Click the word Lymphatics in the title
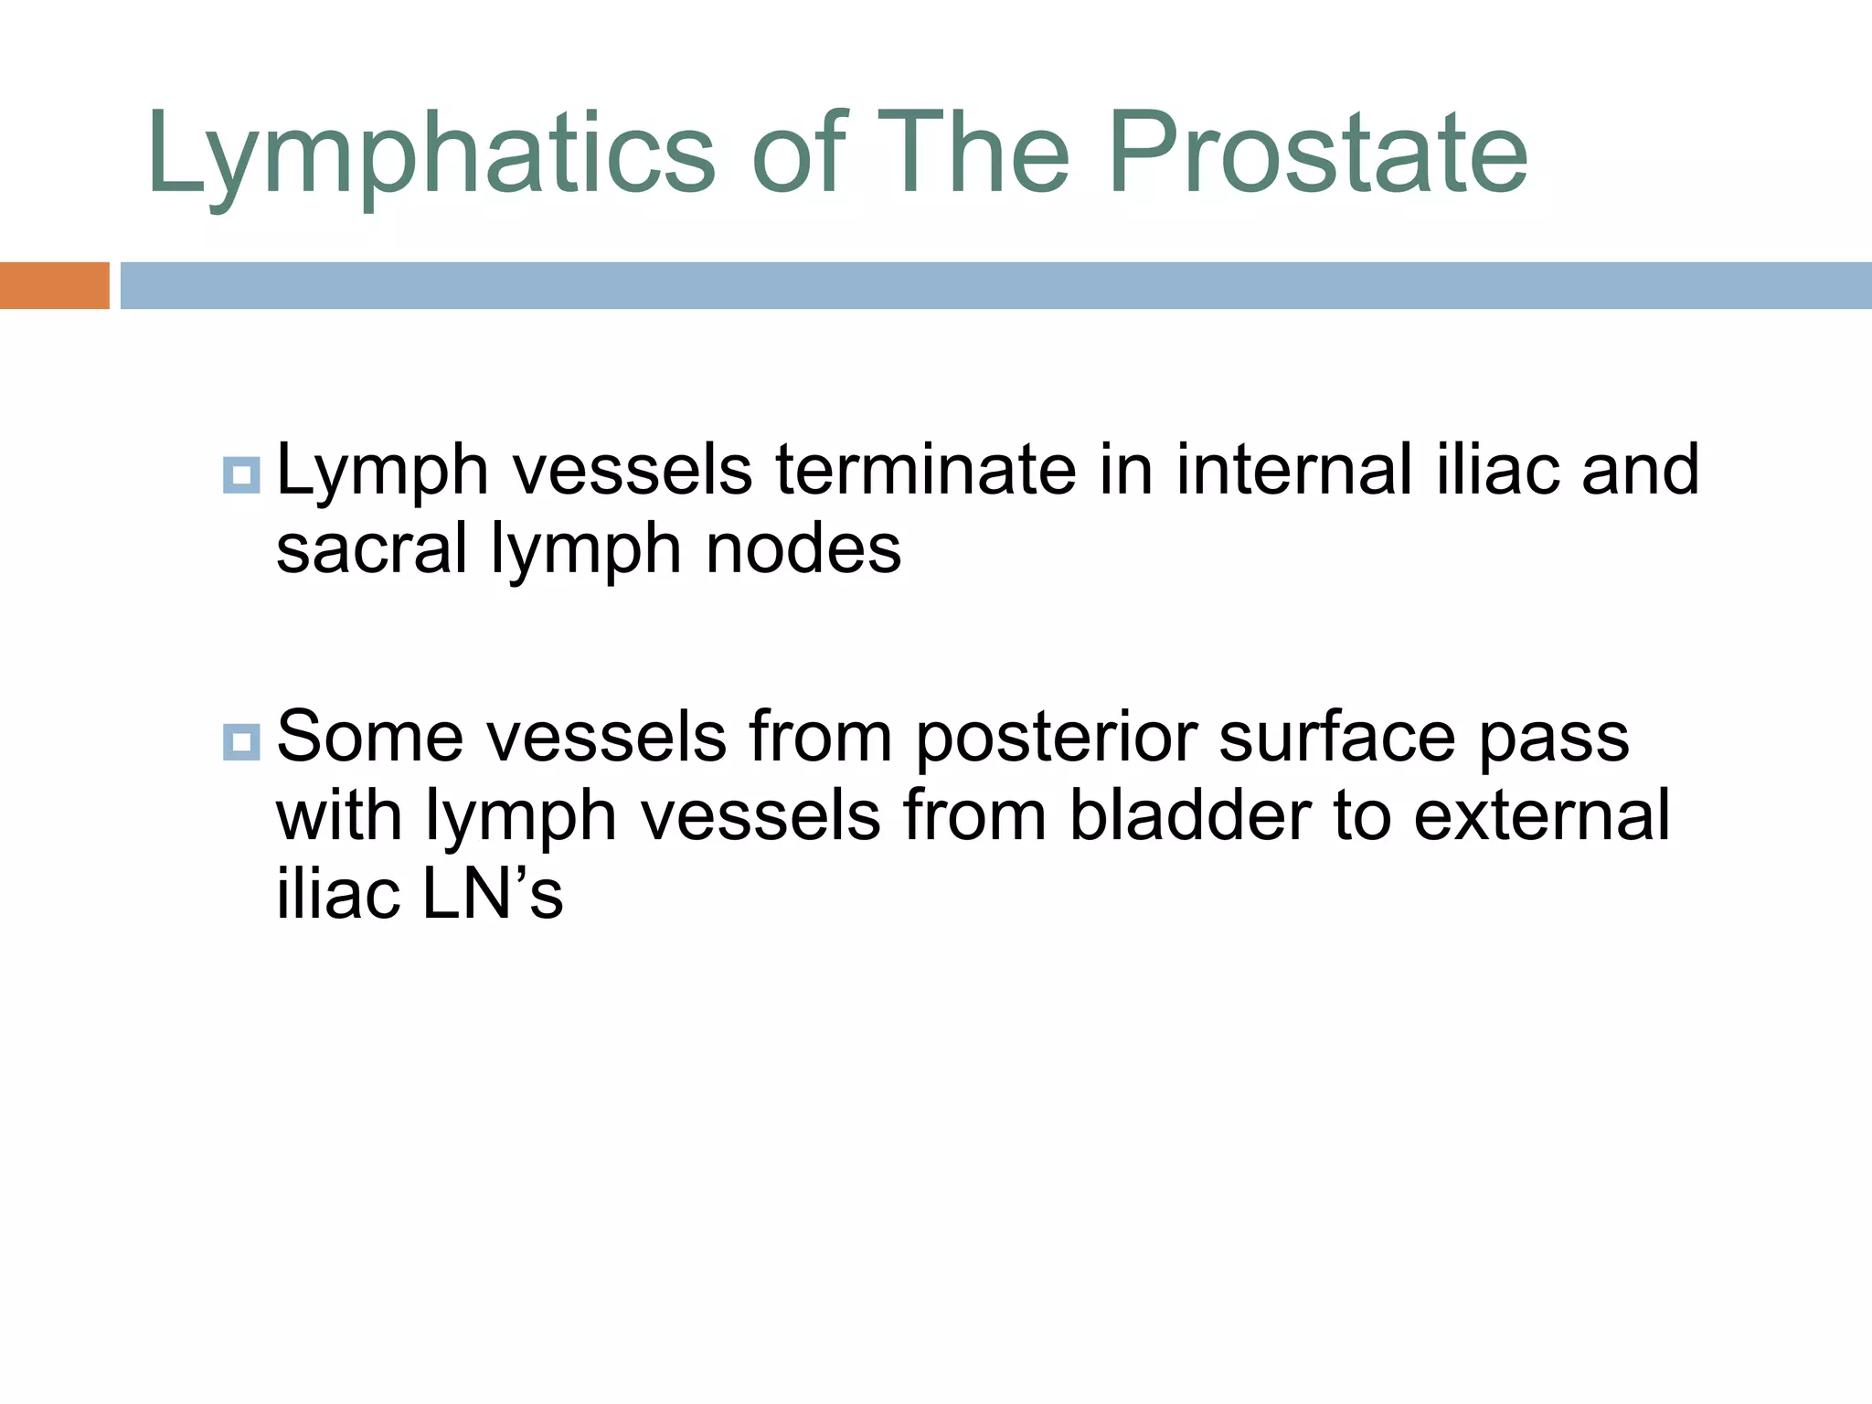point(430,154)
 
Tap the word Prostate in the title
point(1318,154)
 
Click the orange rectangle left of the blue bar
point(54,285)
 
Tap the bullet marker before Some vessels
point(241,741)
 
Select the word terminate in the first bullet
point(926,470)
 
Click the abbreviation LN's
point(493,894)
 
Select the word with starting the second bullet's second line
point(339,815)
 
